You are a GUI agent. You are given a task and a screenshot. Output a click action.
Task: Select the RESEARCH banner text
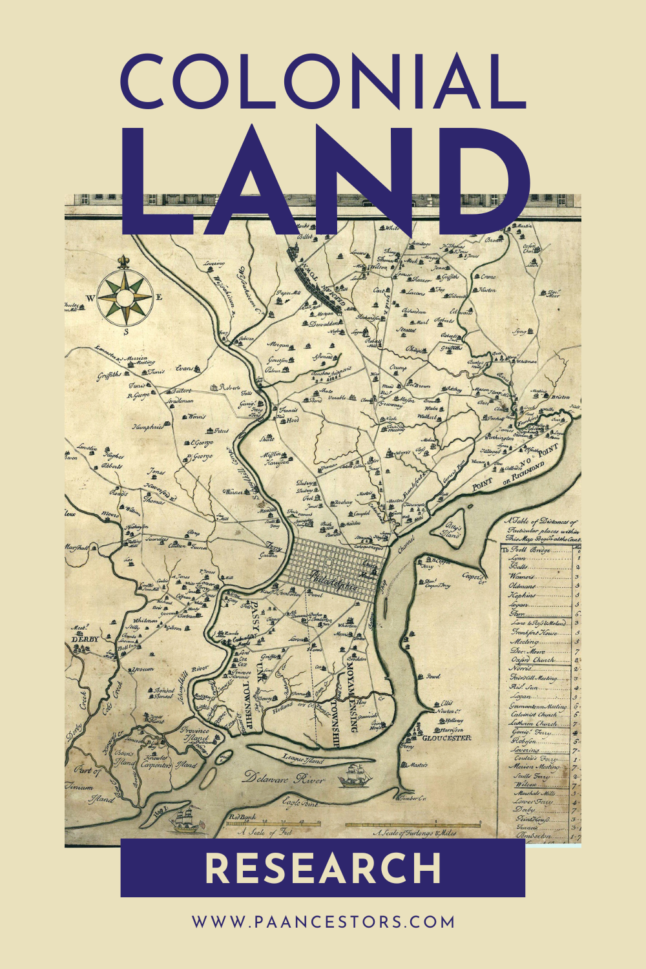coord(323,868)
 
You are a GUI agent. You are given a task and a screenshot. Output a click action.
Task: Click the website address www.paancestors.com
coord(323,922)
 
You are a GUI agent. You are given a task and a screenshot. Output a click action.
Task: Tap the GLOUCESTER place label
coord(446,738)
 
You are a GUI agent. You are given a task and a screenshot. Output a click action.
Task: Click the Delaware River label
coord(284,779)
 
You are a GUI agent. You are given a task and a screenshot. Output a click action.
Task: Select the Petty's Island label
coord(452,530)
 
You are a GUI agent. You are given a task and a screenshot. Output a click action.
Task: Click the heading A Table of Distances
coord(541,526)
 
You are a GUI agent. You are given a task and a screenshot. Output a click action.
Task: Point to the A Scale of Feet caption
coord(265,833)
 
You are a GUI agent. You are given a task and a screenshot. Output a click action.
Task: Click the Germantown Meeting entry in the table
coord(537,707)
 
